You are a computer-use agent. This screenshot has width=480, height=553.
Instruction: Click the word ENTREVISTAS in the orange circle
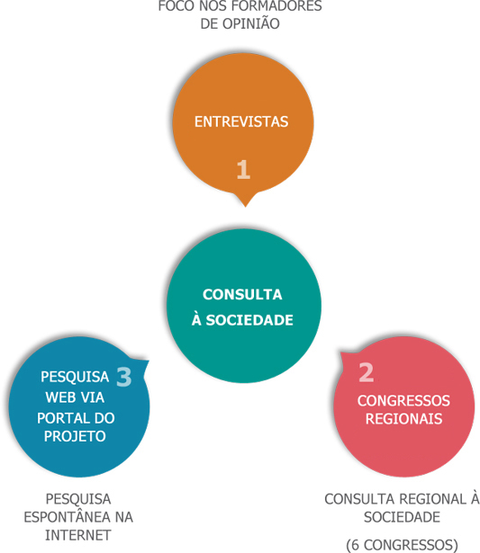[241, 121]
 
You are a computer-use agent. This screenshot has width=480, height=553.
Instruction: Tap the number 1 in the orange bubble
[243, 170]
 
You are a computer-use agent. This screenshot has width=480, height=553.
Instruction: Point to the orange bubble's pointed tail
[246, 206]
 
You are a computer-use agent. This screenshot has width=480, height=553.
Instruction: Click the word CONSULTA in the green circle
[242, 295]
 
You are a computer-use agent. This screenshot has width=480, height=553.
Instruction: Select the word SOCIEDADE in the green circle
[249, 320]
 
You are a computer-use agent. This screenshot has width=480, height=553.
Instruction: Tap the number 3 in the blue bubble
[124, 377]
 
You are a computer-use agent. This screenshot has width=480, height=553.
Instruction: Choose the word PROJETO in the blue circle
[75, 437]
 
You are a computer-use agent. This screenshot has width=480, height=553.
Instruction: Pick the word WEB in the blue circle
[59, 397]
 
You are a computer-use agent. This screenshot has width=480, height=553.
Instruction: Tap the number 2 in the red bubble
[367, 372]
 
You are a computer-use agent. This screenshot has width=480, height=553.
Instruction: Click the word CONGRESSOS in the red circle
[403, 401]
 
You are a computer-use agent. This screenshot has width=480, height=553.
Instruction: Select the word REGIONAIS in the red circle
[403, 419]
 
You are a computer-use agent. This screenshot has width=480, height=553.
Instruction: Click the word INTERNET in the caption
[78, 535]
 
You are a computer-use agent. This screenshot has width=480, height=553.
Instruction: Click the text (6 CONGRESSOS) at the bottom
[402, 545]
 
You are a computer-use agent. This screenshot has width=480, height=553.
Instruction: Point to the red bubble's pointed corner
[340, 352]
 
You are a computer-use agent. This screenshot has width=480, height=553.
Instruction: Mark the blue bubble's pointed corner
[149, 361]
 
